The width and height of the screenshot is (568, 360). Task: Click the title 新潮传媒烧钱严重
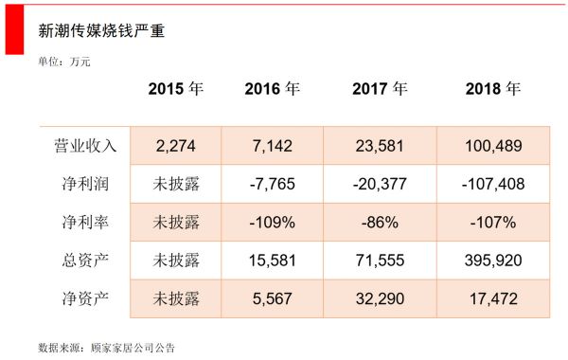tap(101, 30)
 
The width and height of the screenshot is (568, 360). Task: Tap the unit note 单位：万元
tap(65, 62)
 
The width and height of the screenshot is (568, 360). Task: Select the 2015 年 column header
tap(176, 89)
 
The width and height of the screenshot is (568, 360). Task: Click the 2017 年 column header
tap(380, 89)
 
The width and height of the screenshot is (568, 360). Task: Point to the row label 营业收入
tap(85, 146)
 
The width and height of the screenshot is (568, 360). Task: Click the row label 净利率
tap(85, 223)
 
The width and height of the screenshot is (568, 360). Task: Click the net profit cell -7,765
tap(272, 184)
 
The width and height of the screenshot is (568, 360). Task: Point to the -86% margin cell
tap(380, 223)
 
